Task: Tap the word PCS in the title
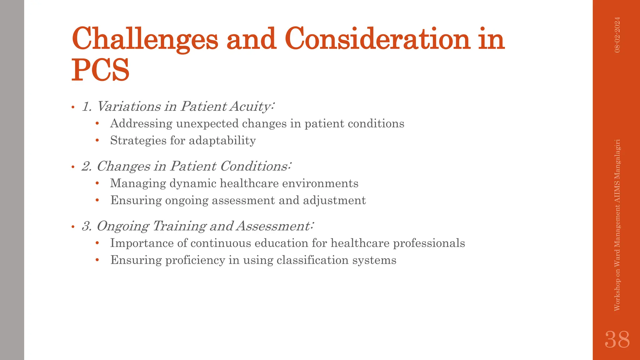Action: [100, 70]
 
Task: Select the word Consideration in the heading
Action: [377, 39]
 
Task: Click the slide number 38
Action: [617, 340]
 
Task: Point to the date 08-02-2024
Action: [617, 35]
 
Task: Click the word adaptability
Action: [222, 141]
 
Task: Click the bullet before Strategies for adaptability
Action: [97, 141]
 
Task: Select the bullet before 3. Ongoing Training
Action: [73, 227]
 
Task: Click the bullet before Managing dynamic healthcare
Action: [97, 183]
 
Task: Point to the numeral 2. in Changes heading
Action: [87, 167]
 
